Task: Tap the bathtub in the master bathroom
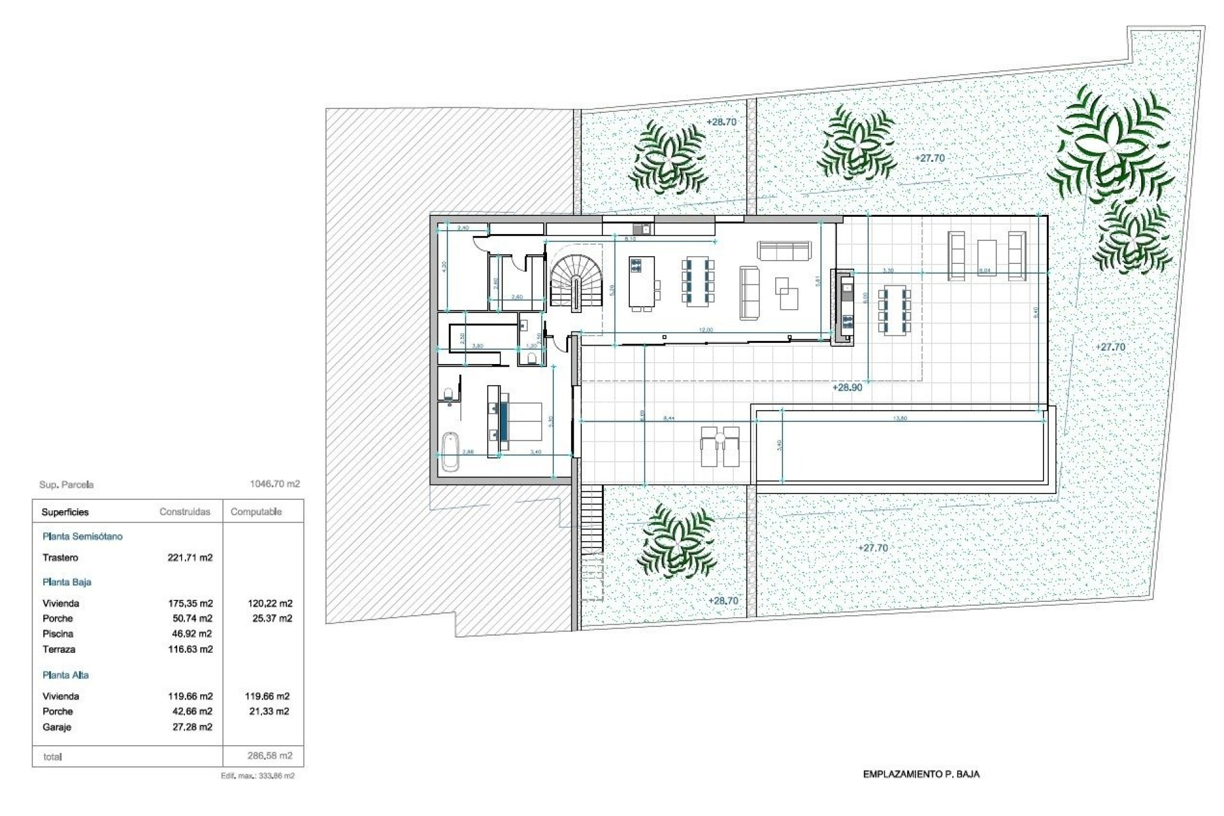point(450,451)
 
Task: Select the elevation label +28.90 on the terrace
point(847,388)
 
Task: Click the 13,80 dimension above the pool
point(900,418)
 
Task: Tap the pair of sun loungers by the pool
point(720,447)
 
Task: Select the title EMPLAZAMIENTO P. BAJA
point(921,775)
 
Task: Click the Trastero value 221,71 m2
point(190,558)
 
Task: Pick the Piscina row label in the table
point(58,634)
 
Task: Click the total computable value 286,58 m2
point(270,756)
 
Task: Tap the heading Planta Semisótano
point(82,536)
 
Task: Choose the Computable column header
point(256,512)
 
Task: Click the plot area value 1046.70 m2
point(275,484)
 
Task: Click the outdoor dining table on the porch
point(894,312)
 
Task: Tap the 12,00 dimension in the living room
point(706,330)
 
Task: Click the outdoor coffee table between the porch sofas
point(986,256)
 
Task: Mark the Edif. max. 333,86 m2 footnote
point(258,776)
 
